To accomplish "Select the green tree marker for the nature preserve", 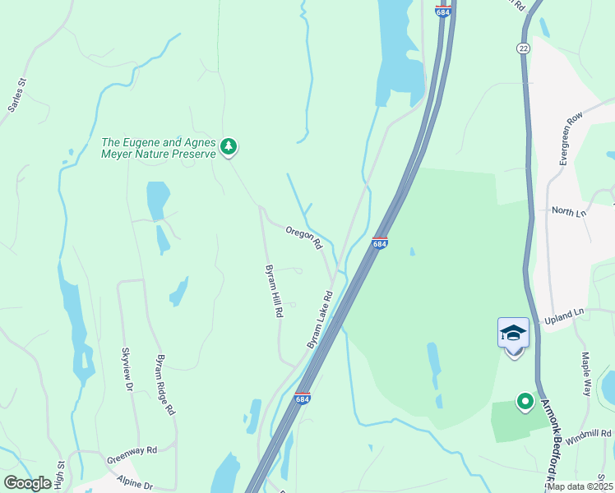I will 229,147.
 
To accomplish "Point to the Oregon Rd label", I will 304,238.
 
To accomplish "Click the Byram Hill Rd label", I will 274,292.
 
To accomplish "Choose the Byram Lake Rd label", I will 320,319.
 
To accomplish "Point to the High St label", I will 61,476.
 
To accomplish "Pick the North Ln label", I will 569,212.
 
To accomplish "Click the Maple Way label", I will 587,374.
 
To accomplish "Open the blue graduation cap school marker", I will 513,333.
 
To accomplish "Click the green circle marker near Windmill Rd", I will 525,402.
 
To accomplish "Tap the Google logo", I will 28,483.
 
